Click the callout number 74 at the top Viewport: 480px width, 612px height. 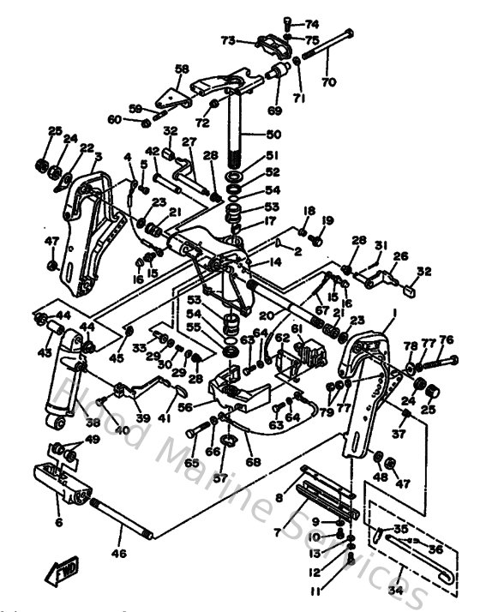click(x=310, y=23)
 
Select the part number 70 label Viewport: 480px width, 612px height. click(x=327, y=83)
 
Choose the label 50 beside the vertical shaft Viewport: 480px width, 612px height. click(x=273, y=135)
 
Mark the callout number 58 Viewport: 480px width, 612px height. click(x=182, y=69)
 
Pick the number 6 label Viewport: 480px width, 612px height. click(x=58, y=521)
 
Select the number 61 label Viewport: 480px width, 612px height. click(x=297, y=328)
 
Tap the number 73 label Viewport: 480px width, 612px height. click(x=228, y=40)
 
